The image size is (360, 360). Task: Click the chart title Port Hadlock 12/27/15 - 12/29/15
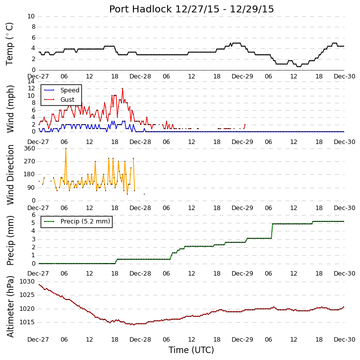pos(191,9)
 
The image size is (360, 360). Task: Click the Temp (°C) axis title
pos(9,44)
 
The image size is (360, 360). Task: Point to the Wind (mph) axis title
pos(10,109)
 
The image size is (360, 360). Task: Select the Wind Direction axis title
pos(10,175)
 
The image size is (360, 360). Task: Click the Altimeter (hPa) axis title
pos(10,307)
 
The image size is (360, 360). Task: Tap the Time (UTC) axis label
pos(191,350)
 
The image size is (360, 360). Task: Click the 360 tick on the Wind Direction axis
pos(30,148)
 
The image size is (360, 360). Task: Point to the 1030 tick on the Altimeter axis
pos(27,282)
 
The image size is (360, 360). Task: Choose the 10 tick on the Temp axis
pos(31,16)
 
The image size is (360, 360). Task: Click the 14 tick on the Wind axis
pos(31,81)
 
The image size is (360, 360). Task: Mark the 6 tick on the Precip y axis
pos(34,215)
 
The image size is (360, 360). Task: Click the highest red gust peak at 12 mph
pos(122,88)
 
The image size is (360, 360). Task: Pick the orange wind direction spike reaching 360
pos(66,148)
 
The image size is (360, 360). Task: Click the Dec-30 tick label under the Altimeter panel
pos(345,339)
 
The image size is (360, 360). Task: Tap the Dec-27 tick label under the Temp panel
pos(38,76)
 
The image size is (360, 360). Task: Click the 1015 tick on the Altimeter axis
pos(27,322)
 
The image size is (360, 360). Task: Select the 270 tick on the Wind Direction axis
pos(30,161)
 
